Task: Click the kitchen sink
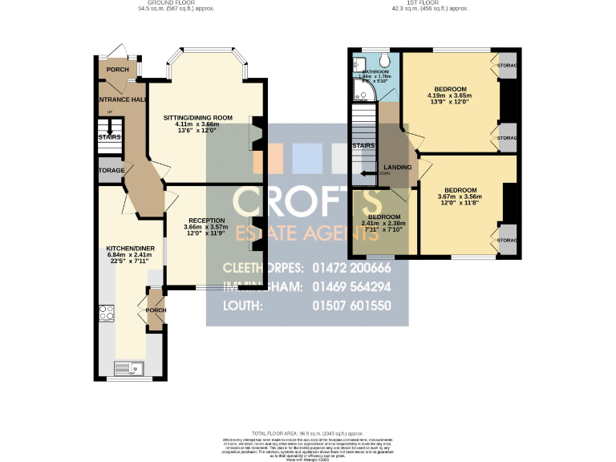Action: tap(128, 368)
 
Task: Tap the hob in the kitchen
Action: tap(107, 313)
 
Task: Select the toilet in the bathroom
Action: tap(383, 61)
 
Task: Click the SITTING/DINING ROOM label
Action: tap(197, 118)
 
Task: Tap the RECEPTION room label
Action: tap(207, 220)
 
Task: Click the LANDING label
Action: tap(398, 167)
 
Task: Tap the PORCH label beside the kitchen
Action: tap(156, 310)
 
